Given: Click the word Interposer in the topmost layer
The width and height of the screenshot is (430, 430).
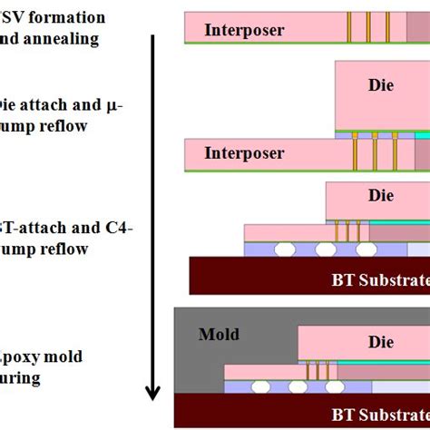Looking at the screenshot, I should pos(244,30).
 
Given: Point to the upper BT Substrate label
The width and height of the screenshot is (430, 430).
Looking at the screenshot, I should pos(380,279).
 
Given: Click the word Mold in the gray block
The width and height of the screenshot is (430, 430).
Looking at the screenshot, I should pos(218,335).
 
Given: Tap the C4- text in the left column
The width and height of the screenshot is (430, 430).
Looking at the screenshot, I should pos(118,228).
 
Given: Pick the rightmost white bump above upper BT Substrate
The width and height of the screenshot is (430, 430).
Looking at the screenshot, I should pos(365,248).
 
